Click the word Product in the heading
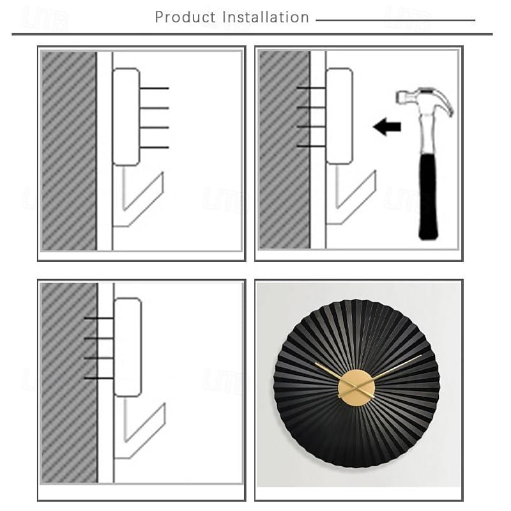coord(185,17)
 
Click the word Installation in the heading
coord(266,17)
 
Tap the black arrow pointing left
coord(387,126)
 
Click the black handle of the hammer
coord(428,196)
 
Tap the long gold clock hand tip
coord(421,356)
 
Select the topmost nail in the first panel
coord(154,88)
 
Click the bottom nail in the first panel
coord(154,148)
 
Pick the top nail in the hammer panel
coord(312,88)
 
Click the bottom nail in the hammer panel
coord(312,146)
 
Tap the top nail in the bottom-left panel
coord(99,318)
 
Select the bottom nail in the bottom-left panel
coord(99,378)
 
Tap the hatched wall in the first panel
coord(69,151)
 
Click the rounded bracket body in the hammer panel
coord(339,116)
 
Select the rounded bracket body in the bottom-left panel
coord(127,347)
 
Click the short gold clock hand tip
coord(316,363)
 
